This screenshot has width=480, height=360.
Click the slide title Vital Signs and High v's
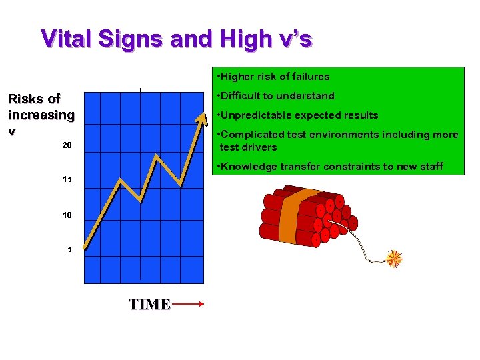coord(176,39)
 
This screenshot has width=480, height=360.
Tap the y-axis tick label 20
coord(67,145)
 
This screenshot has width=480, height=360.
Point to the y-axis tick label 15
coord(67,180)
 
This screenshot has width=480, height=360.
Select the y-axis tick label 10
coord(67,216)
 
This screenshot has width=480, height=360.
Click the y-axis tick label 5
coord(69,250)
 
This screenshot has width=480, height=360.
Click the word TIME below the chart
coord(149,305)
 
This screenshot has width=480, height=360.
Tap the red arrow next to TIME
coord(188,305)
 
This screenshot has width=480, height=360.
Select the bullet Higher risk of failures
coord(273,77)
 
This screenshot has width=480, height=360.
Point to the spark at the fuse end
coord(395,258)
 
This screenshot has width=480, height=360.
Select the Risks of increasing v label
coord(41,115)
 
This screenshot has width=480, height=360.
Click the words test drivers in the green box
coord(248,147)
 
